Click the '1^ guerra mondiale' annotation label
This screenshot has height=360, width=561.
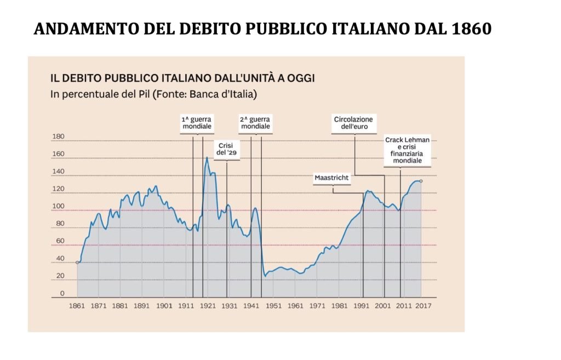tap(197, 122)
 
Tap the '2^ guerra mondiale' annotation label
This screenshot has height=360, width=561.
tap(256, 122)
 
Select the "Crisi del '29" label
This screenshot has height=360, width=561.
tap(226, 149)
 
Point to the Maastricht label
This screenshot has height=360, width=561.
tap(331, 178)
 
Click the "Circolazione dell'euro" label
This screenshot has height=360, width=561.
tap(353, 123)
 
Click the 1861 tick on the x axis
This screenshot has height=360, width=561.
tap(77, 306)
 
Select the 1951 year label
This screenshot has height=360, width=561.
tap(273, 306)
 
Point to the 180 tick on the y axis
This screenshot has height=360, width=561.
tap(58, 137)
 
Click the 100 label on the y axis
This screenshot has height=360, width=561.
tap(58, 207)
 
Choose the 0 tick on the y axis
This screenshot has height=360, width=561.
tap(62, 294)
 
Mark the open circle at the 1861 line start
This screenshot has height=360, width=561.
tap(77, 262)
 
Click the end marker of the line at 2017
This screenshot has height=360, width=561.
tap(421, 181)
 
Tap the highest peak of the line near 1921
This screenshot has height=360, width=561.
tap(207, 158)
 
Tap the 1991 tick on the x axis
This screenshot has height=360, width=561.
tap(362, 306)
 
